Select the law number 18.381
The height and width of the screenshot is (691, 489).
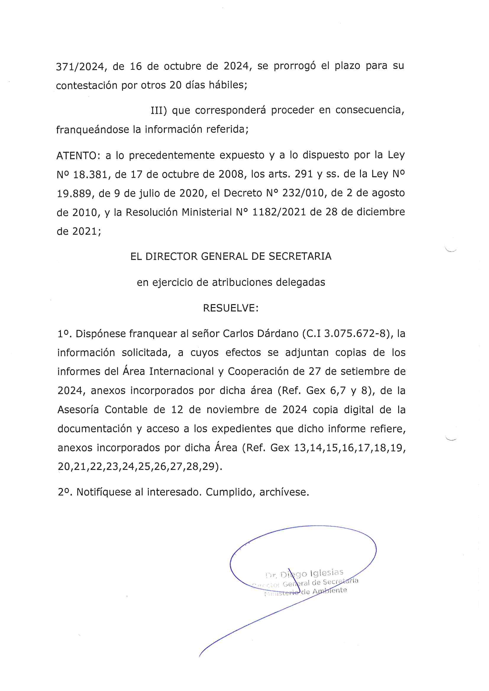coord(91,175)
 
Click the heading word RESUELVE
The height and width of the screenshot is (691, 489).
coord(230,308)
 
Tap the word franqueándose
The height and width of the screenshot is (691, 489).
coord(93,130)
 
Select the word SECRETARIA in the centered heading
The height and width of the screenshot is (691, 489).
coord(300,257)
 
